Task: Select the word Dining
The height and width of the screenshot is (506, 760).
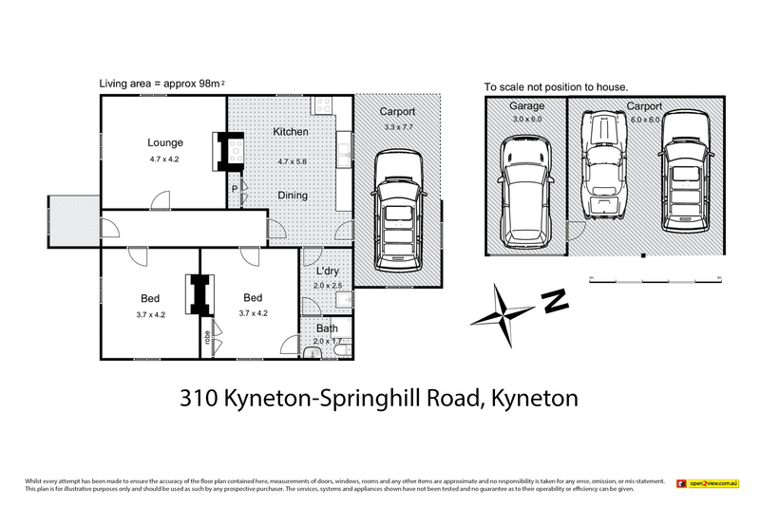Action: (x=292, y=196)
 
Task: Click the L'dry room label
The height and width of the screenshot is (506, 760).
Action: (x=327, y=273)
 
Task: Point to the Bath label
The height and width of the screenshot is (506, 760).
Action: (x=327, y=328)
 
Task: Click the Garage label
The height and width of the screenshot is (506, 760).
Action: (x=525, y=106)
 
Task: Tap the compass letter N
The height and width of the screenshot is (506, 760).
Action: (x=554, y=302)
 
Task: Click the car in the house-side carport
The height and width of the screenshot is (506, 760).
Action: (x=399, y=208)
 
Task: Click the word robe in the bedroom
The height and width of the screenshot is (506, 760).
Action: (x=205, y=336)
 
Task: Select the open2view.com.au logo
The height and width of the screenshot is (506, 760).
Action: (x=707, y=484)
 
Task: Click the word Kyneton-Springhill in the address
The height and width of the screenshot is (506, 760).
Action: (x=351, y=399)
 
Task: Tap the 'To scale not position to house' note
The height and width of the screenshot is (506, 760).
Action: (x=556, y=87)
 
